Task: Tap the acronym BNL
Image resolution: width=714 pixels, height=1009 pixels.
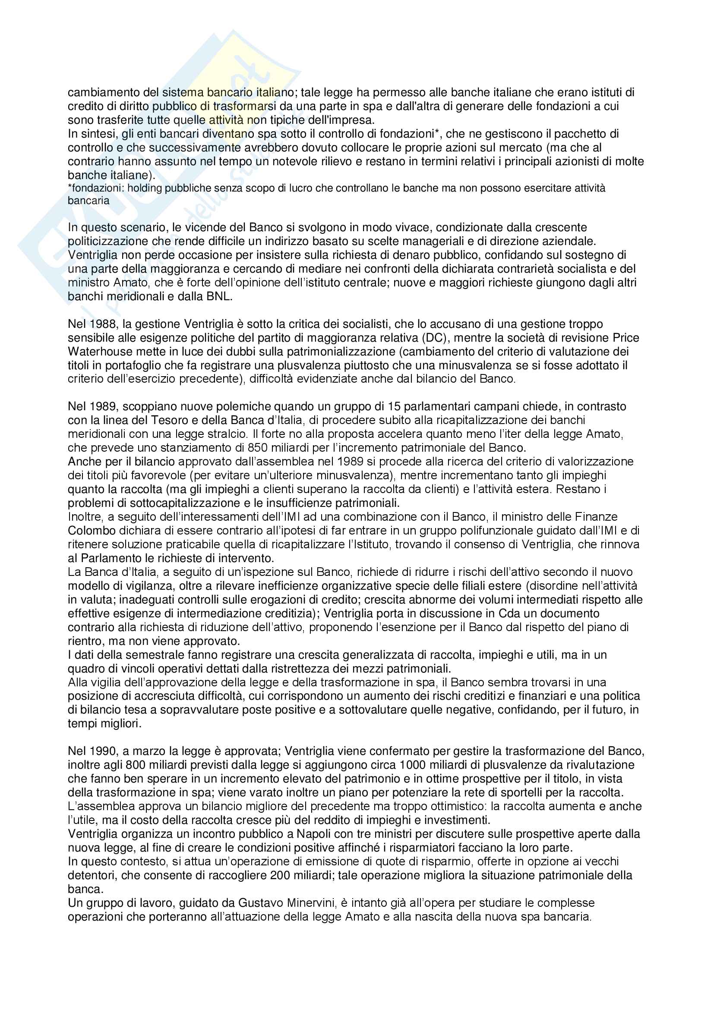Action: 218,296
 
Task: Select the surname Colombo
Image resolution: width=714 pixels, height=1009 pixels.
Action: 92,531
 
